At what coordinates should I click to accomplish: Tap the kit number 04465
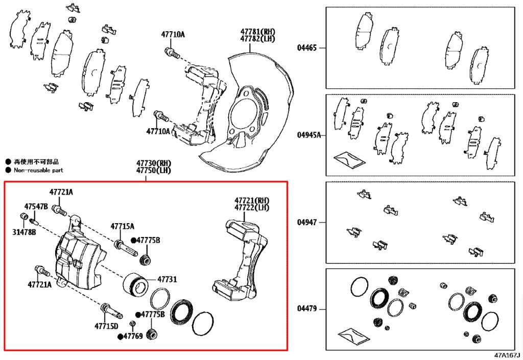pyautogui.click(x=307, y=48)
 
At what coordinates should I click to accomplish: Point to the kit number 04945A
pyautogui.click(x=309, y=135)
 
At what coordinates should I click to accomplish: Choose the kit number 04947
pyautogui.click(x=307, y=222)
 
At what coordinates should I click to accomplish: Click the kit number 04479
pyautogui.click(x=307, y=308)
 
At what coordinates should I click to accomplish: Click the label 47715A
pyautogui.click(x=123, y=226)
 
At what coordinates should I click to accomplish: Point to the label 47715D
pyautogui.click(x=106, y=326)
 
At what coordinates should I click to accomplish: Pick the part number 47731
pyautogui.click(x=167, y=279)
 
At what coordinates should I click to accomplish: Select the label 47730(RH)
pyautogui.click(x=147, y=163)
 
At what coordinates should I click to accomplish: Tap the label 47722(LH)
pyautogui.click(x=252, y=207)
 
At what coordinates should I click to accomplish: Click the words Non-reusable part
pyautogui.click(x=38, y=170)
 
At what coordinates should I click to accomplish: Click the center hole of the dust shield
pyautogui.click(x=244, y=114)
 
